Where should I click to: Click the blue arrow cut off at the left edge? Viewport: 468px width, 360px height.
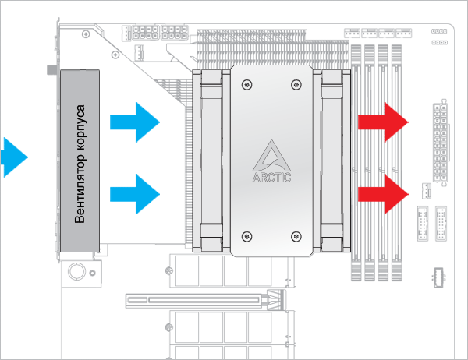click(x=12, y=157)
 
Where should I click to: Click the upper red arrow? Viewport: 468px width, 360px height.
click(x=383, y=122)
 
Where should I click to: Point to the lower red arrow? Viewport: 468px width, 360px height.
click(x=383, y=193)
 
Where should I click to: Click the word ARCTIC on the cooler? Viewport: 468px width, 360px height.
click(x=271, y=178)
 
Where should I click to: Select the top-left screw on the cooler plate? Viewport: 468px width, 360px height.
click(x=247, y=83)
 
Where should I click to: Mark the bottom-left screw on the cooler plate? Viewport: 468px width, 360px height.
click(x=247, y=235)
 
